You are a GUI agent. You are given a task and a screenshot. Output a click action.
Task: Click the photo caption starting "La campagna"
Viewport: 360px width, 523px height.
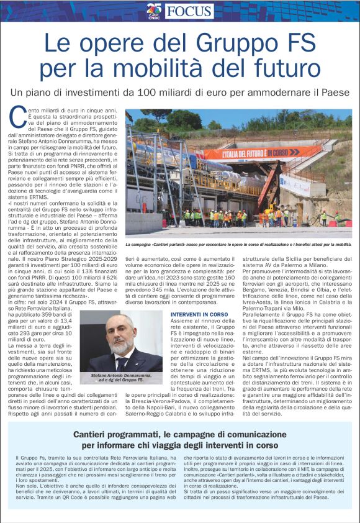pos(238,245)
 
